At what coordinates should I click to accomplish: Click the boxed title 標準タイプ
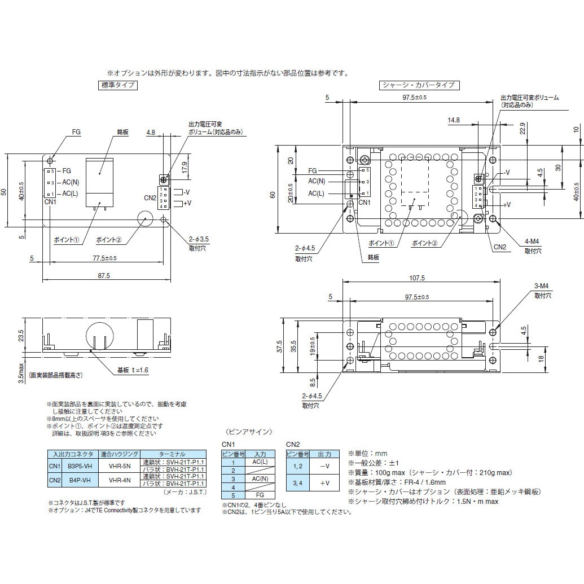coord(117,85)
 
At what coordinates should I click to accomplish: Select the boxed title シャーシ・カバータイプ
coord(418,85)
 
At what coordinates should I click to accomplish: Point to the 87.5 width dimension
coord(103,275)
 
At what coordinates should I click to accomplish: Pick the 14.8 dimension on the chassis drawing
coord(453,120)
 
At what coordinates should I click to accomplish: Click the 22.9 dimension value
coord(522,129)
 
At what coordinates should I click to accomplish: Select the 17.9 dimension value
coord(184,168)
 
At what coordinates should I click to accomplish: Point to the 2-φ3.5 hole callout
coord(199,239)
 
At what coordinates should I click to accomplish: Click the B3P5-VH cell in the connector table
coord(80,466)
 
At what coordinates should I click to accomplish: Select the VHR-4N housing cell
coord(119,480)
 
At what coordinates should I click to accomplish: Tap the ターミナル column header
coord(173,454)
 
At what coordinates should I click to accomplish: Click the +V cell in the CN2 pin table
coord(324,482)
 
